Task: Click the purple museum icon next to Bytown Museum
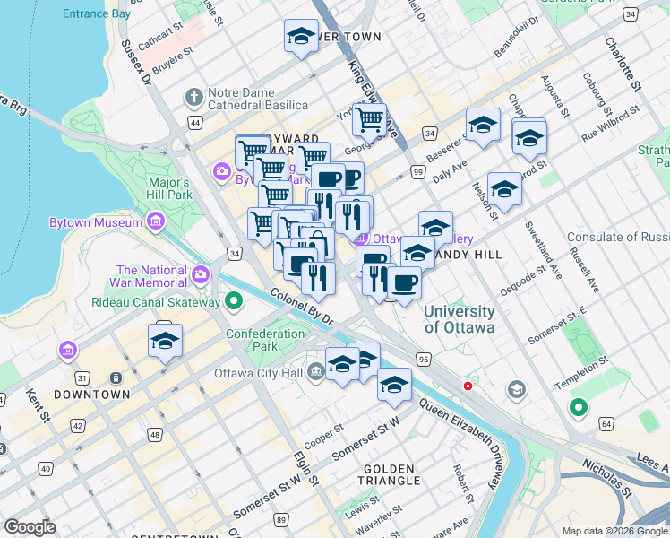pos(157,221)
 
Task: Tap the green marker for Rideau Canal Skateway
pos(235,301)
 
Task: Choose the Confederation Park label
pos(265,340)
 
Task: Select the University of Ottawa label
pos(459,319)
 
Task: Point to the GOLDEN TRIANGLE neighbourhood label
pos(389,476)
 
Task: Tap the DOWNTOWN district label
pos(91,395)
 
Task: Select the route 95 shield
pos(424,359)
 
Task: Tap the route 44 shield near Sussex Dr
pos(194,121)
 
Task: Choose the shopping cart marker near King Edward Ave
pos(368,118)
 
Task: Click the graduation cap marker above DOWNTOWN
pos(166,342)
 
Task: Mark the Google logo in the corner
pos(30,527)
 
